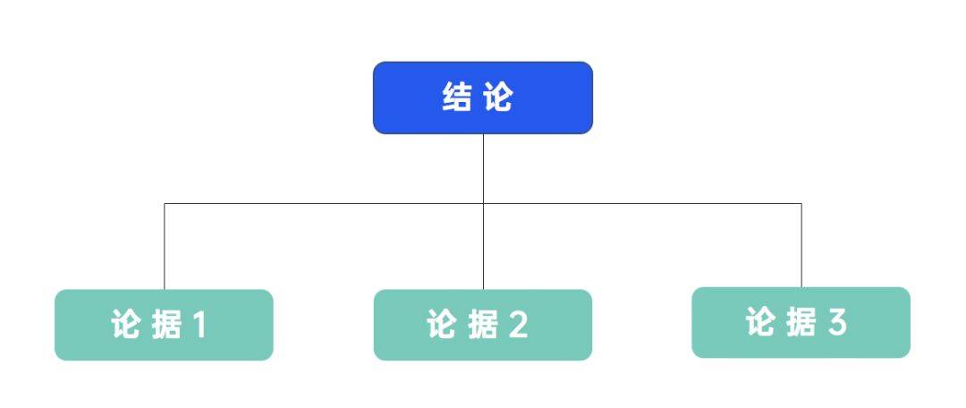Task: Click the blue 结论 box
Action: [x=483, y=98]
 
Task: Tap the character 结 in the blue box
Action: [x=456, y=98]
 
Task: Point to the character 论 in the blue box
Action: [x=498, y=98]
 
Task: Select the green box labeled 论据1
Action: [x=164, y=325]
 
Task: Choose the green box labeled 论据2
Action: [x=483, y=325]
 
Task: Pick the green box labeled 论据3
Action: [x=801, y=322]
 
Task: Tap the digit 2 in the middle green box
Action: [x=518, y=325]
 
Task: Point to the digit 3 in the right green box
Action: [x=837, y=322]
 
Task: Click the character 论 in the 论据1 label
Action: [x=126, y=325]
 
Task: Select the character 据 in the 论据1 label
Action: [x=165, y=325]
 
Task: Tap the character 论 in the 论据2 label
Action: [x=442, y=325]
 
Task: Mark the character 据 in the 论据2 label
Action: [x=482, y=325]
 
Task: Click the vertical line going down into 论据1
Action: [x=165, y=247]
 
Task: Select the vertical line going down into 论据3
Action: [x=801, y=245]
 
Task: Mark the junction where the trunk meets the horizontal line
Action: [x=484, y=203]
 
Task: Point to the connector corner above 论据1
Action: [x=165, y=203]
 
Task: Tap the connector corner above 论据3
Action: [x=801, y=203]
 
